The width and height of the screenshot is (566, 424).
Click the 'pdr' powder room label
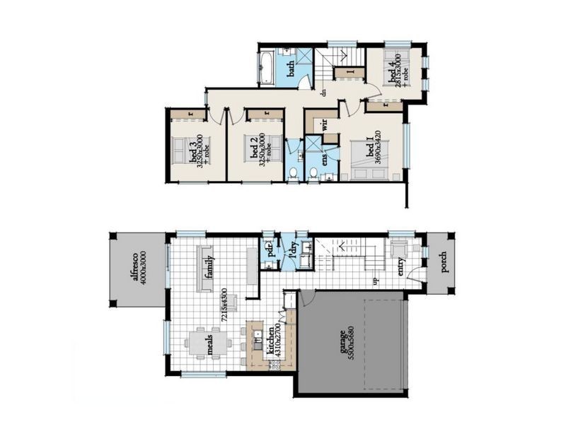tap(270, 249)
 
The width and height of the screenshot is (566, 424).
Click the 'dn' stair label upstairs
tap(322, 92)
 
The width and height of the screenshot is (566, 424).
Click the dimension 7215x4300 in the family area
tap(224, 305)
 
